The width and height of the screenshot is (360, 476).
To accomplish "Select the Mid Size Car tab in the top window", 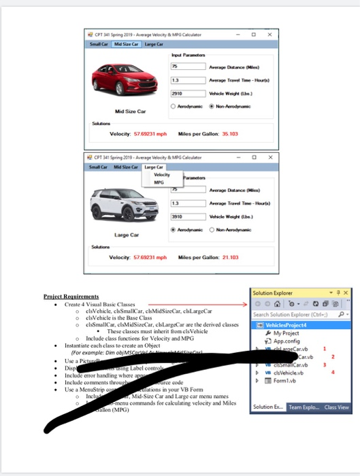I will click(x=126, y=44).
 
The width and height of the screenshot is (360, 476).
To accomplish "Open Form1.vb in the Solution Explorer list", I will click(x=286, y=381).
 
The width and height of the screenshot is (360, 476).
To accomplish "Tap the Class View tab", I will click(x=336, y=407).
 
